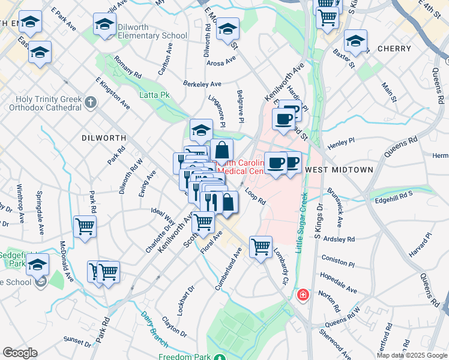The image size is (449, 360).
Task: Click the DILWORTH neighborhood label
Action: point(104,138)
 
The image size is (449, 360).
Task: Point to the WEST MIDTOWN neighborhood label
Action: point(339,170)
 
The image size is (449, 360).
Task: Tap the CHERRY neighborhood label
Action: point(394,49)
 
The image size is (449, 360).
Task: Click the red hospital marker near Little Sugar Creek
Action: point(303,295)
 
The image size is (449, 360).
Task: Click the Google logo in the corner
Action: point(20,353)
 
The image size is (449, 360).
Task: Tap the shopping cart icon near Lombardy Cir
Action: point(261,245)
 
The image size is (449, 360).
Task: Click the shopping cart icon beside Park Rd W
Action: point(85,226)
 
